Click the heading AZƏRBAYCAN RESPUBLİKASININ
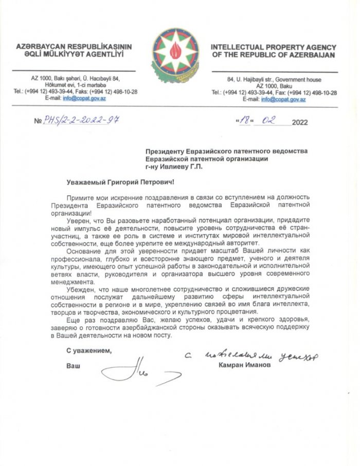(74, 46)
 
